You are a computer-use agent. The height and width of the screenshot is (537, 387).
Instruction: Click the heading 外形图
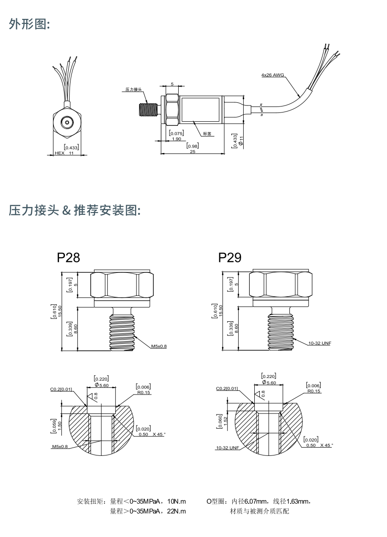(x=29, y=24)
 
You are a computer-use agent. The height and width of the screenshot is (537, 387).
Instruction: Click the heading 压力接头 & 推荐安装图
(x=74, y=211)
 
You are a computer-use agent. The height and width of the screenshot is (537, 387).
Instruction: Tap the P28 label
(x=68, y=257)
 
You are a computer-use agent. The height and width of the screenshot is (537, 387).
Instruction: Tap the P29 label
(x=230, y=257)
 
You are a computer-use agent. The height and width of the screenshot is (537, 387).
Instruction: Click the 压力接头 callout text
(x=134, y=90)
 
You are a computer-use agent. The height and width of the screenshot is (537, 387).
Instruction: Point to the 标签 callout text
(x=207, y=134)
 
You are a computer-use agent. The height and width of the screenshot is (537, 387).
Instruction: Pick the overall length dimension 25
(x=192, y=152)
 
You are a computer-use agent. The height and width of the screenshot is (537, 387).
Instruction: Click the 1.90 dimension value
(x=176, y=139)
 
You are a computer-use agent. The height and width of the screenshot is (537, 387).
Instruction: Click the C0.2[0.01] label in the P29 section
(x=227, y=389)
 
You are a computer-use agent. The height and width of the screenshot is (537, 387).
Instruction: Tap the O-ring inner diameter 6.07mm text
(x=255, y=501)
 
